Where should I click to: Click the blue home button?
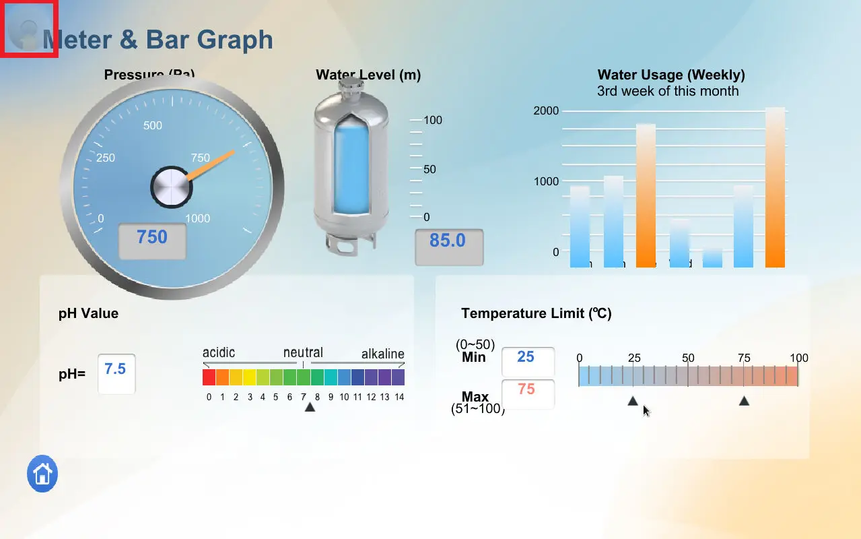click(42, 474)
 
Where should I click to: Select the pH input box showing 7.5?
click(116, 373)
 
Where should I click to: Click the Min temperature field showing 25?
click(528, 361)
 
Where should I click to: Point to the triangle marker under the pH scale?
click(310, 407)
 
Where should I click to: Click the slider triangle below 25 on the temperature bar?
click(633, 401)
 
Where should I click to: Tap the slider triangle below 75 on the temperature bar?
click(744, 401)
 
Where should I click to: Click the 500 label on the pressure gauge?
click(153, 125)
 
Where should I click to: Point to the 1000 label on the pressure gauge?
click(197, 218)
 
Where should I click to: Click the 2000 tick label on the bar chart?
click(546, 110)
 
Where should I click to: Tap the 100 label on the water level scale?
click(433, 120)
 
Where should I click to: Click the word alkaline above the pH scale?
click(382, 354)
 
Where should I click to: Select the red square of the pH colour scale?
click(209, 377)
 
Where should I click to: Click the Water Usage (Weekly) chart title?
click(670, 75)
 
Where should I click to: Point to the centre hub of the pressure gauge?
click(171, 187)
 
